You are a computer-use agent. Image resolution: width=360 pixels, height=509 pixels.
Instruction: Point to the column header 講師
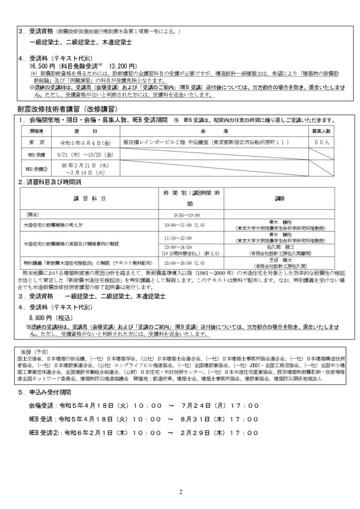(280, 197)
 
